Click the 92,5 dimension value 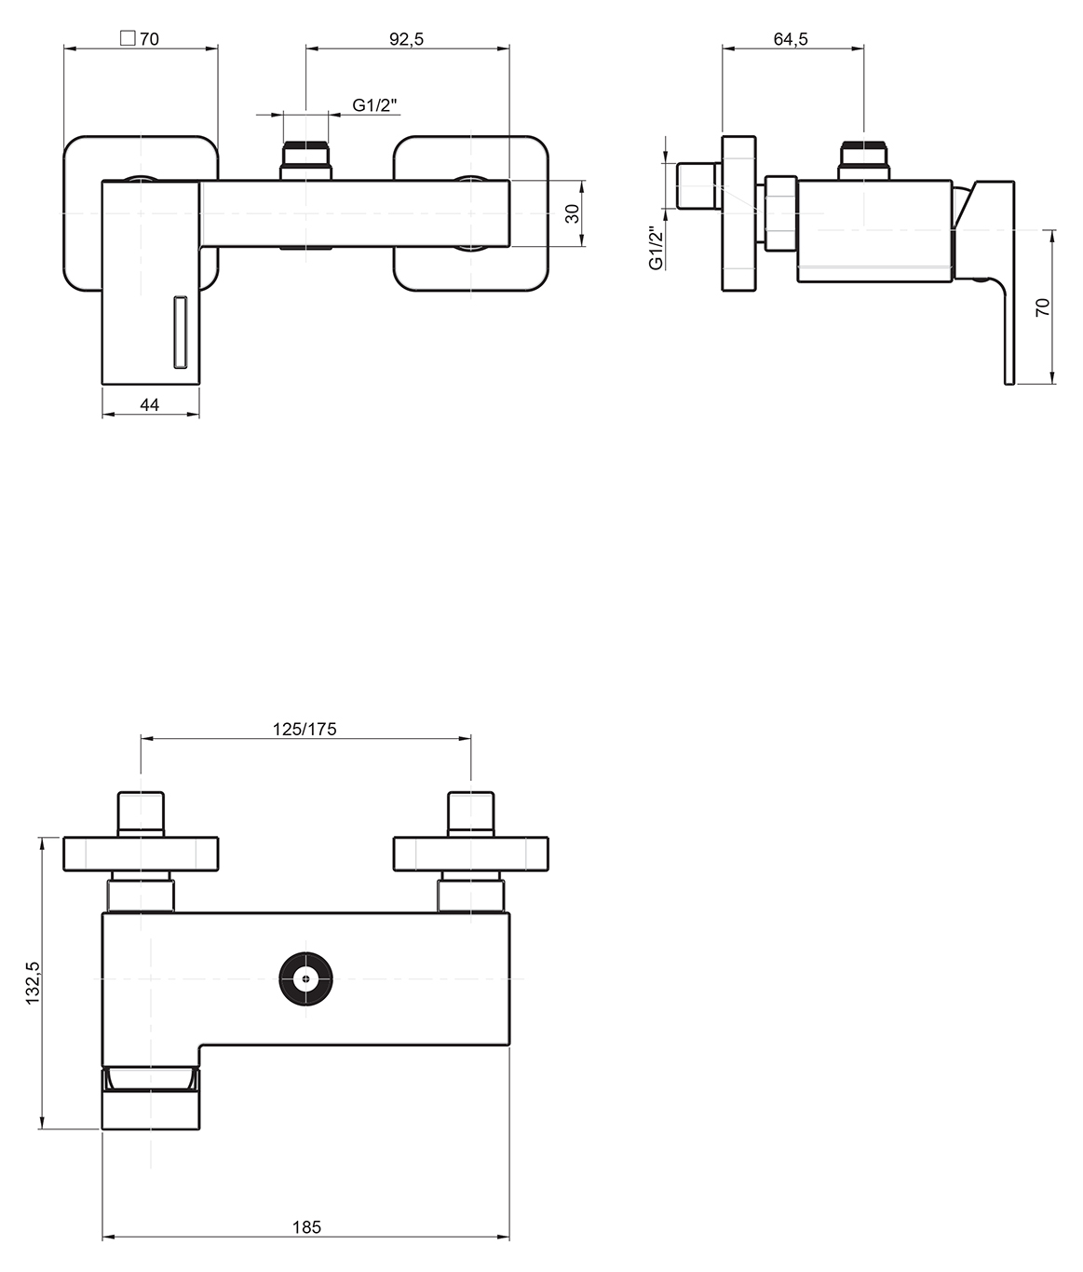coord(407,39)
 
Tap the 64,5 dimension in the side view coord(791,39)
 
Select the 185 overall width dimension coord(306,1227)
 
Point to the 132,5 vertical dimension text coord(33,983)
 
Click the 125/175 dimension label coord(305,730)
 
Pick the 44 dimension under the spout coord(150,404)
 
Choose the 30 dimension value coord(572,213)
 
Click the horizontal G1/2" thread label coord(374,105)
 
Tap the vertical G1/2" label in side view coord(657,247)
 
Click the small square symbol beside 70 coord(128,38)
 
